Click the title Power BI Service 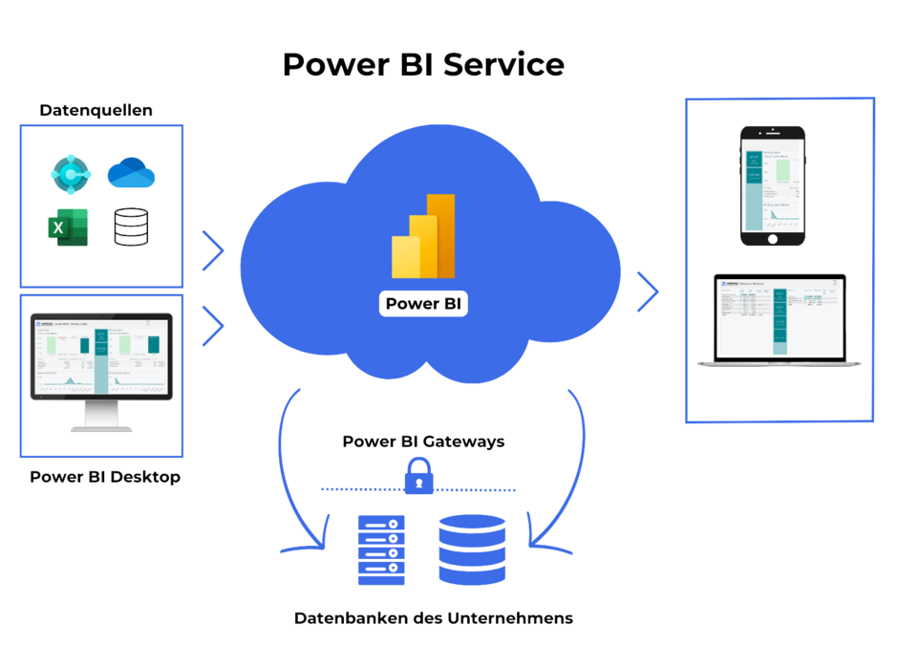[x=423, y=65]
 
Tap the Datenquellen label [x=96, y=111]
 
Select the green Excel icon [x=68, y=227]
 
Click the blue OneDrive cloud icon [x=131, y=173]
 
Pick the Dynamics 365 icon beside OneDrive [x=68, y=175]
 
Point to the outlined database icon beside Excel [x=131, y=227]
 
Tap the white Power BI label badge [x=424, y=304]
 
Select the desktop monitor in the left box [x=101, y=368]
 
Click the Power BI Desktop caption [x=104, y=477]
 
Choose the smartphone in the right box [x=773, y=185]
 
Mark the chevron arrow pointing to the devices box [x=649, y=292]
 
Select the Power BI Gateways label [x=423, y=442]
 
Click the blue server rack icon [x=381, y=550]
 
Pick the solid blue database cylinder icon [x=472, y=550]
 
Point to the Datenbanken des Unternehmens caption [x=434, y=618]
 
